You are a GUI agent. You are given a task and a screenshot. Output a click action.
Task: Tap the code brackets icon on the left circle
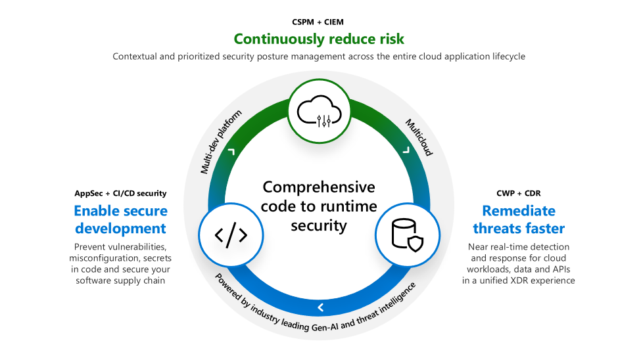(231, 235)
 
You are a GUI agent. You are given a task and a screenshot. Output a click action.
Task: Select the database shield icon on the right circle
(408, 235)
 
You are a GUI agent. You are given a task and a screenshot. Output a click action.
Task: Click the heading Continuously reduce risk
(320, 38)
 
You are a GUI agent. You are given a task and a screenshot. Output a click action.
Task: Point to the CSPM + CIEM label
(320, 22)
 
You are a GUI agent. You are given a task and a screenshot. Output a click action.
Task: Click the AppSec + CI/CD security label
(120, 193)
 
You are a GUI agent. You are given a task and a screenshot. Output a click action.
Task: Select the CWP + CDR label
(519, 193)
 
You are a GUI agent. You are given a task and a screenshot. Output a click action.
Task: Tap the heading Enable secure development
(120, 219)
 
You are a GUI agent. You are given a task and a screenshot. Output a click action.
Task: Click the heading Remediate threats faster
(519, 219)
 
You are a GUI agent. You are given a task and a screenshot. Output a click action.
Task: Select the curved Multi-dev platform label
(221, 141)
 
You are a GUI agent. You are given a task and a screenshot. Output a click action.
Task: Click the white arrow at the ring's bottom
(320, 307)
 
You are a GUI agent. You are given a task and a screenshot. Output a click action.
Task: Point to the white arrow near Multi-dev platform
(231, 152)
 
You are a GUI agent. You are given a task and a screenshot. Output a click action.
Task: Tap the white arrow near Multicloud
(406, 151)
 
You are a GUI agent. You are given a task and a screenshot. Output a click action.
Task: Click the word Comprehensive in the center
(319, 187)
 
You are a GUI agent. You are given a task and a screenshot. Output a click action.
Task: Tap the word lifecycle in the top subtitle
(506, 56)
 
